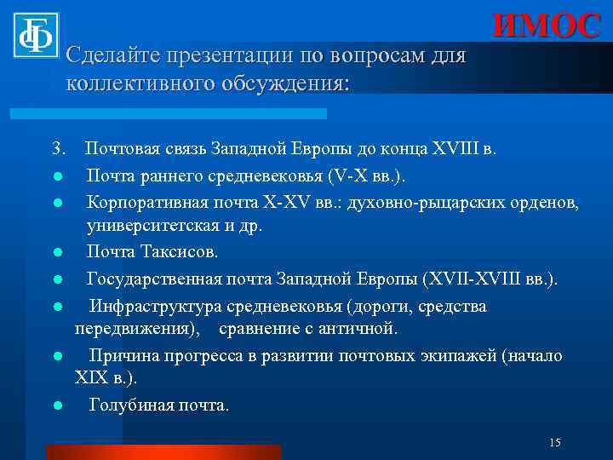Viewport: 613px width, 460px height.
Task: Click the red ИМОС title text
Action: click(547, 26)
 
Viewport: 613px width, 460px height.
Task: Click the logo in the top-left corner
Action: click(35, 33)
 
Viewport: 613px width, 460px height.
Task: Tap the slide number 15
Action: click(555, 442)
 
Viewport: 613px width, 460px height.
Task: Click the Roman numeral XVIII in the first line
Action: click(457, 151)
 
